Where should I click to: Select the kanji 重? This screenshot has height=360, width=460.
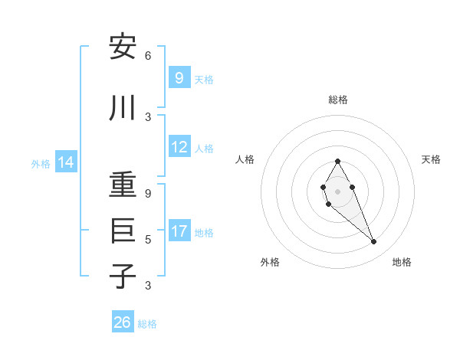[123, 185]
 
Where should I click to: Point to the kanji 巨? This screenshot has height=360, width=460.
[123, 231]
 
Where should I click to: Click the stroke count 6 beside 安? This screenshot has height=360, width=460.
[148, 56]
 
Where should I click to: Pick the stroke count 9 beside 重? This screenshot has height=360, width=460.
[148, 194]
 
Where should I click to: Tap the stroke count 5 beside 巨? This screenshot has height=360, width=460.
[148, 239]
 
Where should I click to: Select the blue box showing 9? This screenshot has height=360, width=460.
[179, 77]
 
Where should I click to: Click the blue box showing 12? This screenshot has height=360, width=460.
[179, 147]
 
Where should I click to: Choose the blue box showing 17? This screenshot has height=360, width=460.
[179, 231]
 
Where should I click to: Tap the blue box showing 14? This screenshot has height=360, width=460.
[66, 162]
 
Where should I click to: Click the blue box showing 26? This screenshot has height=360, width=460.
[122, 322]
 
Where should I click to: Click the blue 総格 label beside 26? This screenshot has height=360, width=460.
[147, 324]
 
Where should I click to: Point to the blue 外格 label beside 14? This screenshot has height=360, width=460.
[40, 163]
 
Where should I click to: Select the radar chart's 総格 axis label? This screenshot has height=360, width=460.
[337, 100]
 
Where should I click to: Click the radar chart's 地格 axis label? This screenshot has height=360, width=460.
[402, 262]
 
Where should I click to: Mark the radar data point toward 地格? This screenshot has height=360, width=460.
[373, 242]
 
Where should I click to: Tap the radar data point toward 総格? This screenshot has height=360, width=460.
[337, 161]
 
